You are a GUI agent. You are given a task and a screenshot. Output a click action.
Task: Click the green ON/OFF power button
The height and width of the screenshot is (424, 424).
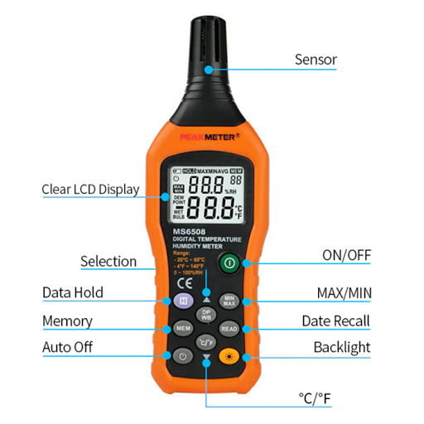pyautogui.click(x=229, y=265)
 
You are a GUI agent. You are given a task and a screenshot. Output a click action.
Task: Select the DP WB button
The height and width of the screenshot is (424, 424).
pyautogui.click(x=206, y=315)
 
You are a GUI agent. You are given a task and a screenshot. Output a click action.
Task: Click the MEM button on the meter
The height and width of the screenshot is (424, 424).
pyautogui.click(x=183, y=329)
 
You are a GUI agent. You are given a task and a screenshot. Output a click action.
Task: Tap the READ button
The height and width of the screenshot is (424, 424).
pyautogui.click(x=229, y=329)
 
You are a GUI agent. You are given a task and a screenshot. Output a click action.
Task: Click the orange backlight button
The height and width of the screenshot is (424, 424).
pyautogui.click(x=229, y=357)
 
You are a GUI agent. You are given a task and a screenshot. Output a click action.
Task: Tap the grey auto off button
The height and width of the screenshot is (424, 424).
pyautogui.click(x=183, y=357)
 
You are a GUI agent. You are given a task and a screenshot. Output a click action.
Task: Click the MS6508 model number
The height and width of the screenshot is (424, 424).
pyautogui.click(x=189, y=232)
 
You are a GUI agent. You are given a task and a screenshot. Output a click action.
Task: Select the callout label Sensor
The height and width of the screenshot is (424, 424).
pyautogui.click(x=316, y=60)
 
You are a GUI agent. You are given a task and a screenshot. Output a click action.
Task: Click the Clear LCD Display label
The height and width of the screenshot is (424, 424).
pyautogui.click(x=90, y=189)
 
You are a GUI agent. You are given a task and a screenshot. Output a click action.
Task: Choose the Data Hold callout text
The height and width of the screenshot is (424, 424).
pyautogui.click(x=73, y=292)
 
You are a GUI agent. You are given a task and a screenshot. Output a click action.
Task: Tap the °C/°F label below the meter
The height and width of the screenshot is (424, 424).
pyautogui.click(x=315, y=398)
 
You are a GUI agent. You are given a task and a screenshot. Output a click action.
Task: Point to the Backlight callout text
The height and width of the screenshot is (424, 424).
pyautogui.click(x=341, y=347)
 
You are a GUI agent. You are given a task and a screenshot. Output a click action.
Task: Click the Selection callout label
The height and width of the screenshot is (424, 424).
pyautogui.click(x=108, y=261)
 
